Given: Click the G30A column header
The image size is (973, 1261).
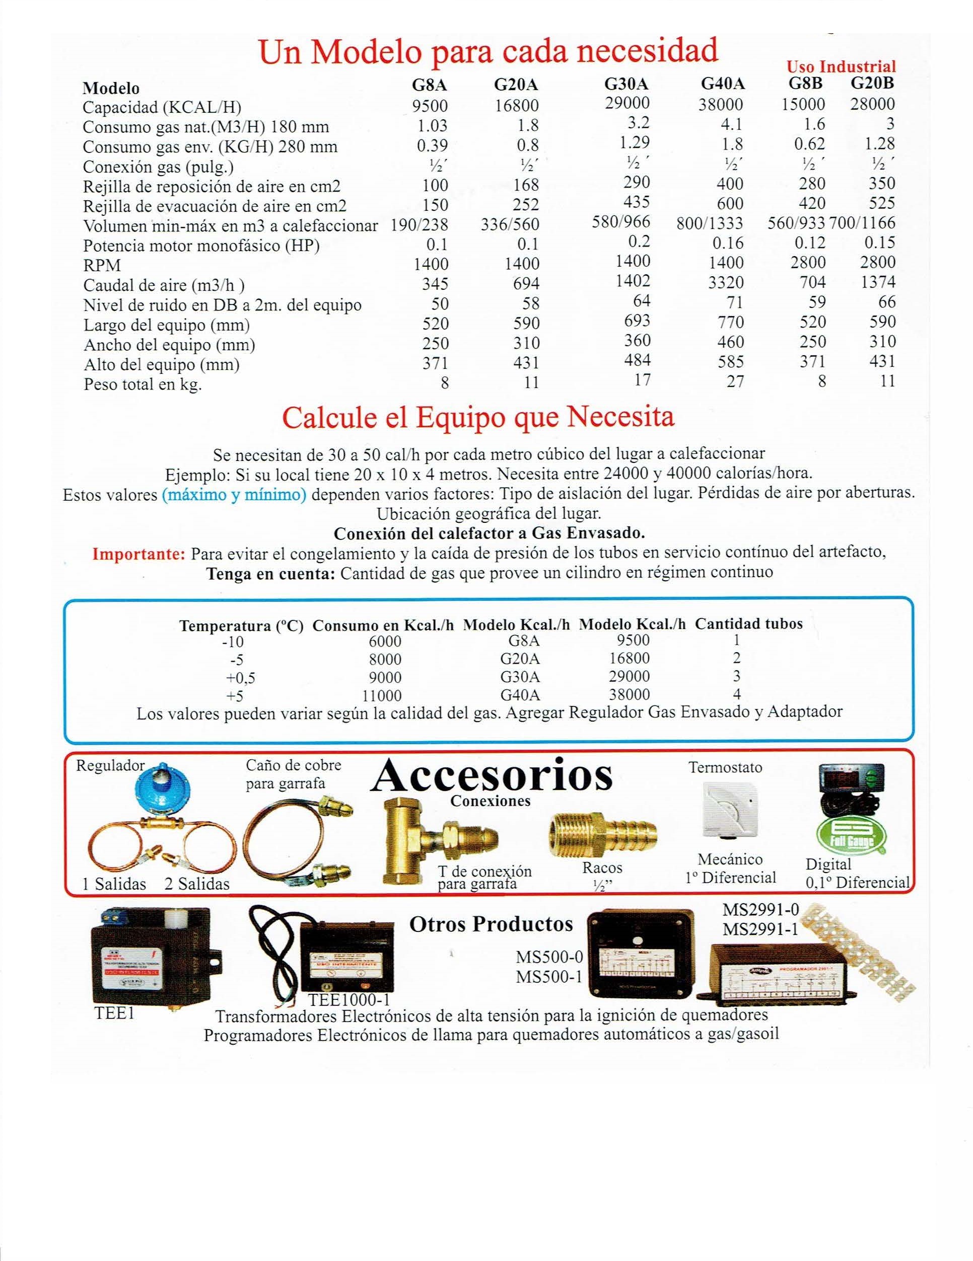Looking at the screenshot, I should coord(627,85).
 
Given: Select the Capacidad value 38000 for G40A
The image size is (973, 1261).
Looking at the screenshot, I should coord(722,105).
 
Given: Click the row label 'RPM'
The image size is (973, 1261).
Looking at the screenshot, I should coord(102,266).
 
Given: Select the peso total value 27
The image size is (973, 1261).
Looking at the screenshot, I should coord(734,381).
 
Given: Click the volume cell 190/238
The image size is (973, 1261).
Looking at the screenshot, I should coord(420,224).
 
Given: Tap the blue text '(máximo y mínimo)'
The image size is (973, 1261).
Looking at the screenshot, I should coord(234,495).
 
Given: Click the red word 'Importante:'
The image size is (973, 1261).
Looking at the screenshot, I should coord(139,554).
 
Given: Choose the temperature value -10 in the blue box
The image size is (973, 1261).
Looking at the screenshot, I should coord(233,642).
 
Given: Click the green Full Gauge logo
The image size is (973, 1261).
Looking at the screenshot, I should coord(848,840).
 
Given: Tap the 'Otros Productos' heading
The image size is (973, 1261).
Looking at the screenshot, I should coord(491,924).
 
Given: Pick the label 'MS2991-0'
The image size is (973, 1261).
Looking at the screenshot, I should coord(760,911).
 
